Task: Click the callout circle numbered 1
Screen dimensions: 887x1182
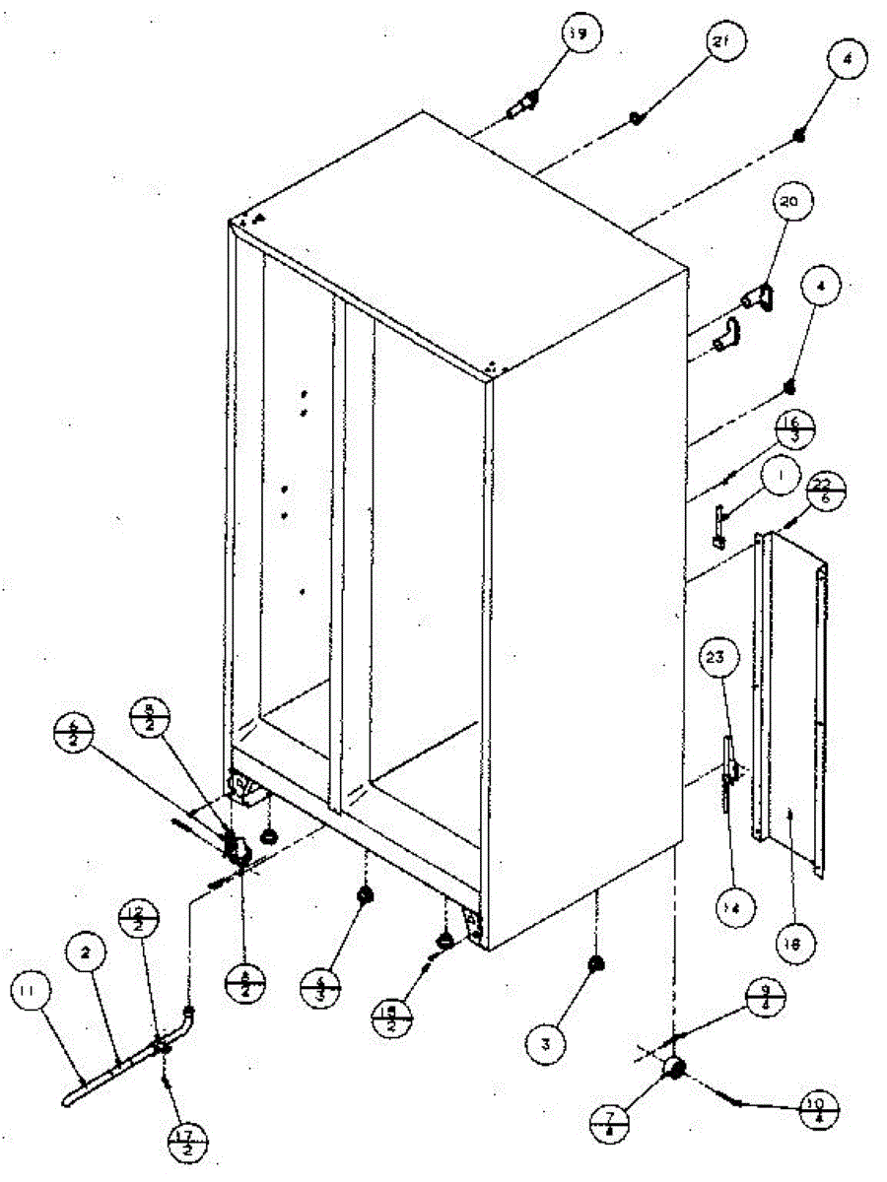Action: point(779,479)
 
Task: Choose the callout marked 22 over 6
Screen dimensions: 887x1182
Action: point(826,490)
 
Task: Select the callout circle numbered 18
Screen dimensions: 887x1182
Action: point(794,944)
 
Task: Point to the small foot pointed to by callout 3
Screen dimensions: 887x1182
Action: point(594,964)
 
